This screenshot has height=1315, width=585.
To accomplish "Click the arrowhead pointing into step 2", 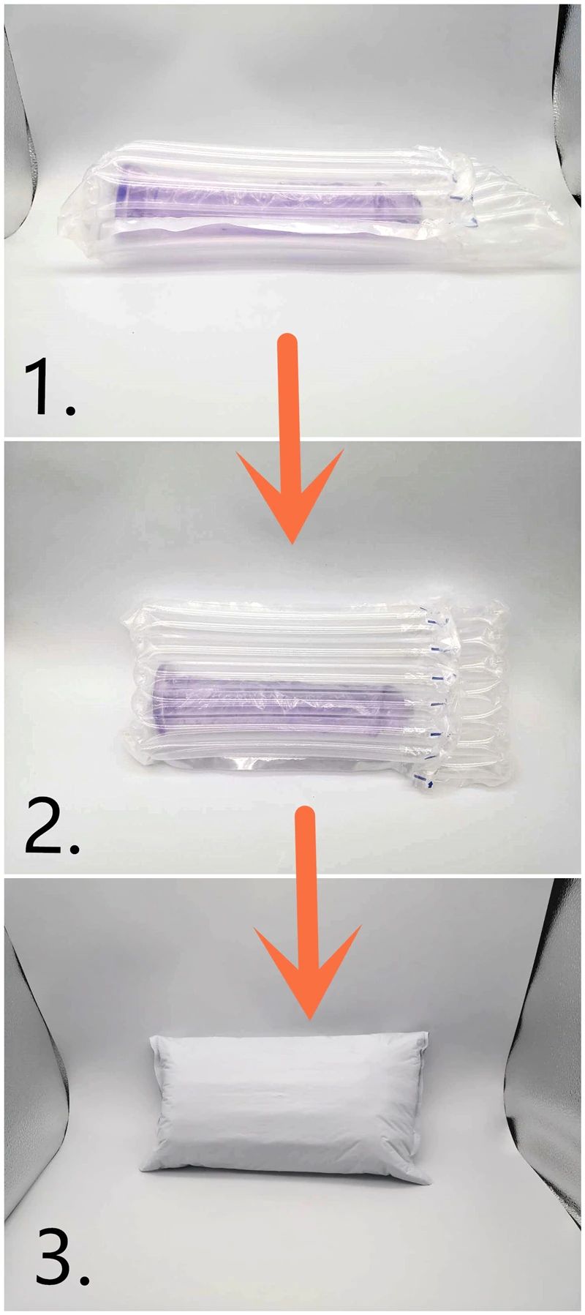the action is [290, 498].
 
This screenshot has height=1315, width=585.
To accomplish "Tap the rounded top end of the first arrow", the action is [290, 341].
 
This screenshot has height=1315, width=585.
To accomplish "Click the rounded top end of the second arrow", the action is [308, 814].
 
